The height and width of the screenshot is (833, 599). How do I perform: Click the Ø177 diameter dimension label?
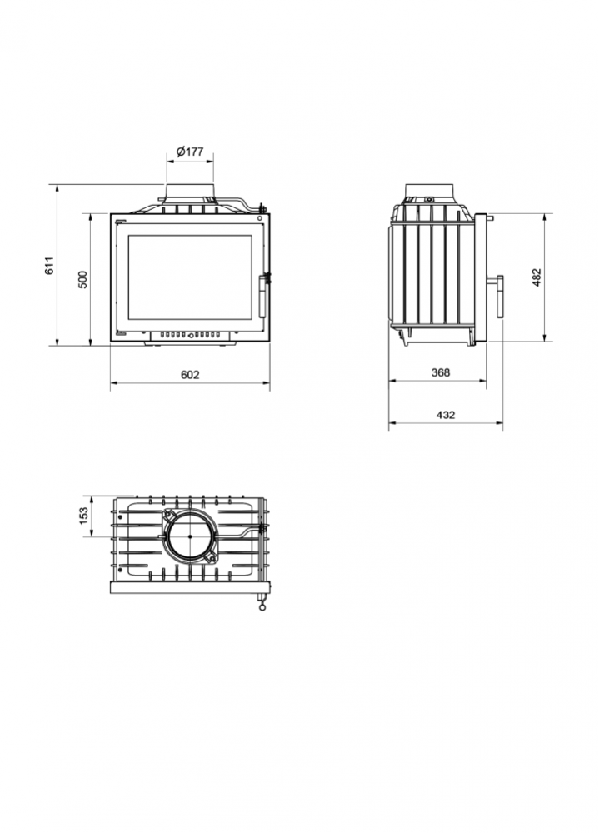click(190, 152)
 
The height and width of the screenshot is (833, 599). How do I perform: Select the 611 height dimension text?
click(49, 265)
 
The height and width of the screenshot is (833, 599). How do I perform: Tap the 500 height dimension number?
click(82, 279)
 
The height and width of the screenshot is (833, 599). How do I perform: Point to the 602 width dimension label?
click(190, 375)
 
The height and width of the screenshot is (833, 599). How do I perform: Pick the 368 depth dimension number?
click(441, 372)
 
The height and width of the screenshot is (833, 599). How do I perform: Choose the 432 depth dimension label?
click(446, 415)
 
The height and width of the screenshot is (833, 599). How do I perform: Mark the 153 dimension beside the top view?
click(83, 516)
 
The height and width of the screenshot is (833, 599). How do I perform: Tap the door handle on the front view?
click(263, 296)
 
